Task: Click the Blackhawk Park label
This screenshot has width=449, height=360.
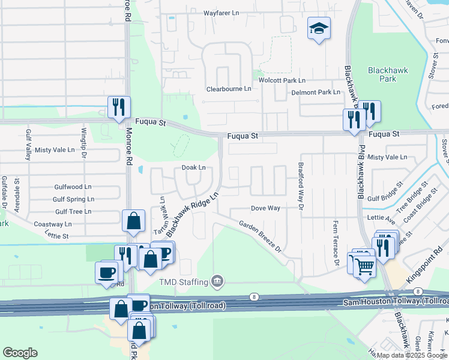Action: pos(388,74)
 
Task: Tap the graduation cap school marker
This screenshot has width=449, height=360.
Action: pos(319,28)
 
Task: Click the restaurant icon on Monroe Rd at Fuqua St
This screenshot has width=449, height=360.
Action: pos(118,107)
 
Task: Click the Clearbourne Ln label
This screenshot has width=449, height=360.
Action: pos(229,89)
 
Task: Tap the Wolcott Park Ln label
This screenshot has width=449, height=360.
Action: pos(282,80)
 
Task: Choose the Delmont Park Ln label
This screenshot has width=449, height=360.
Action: pos(316,92)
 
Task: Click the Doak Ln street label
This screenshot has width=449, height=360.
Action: pos(193,168)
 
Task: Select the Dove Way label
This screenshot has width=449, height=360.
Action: pos(265,208)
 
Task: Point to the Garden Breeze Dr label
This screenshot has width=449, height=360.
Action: pos(260,235)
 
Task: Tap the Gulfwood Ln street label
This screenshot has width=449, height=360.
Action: pos(73,187)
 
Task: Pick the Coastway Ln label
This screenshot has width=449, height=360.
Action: pos(53,224)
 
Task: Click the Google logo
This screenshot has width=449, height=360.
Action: pos(20,353)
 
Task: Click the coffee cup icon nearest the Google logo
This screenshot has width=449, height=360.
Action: pos(106,272)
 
